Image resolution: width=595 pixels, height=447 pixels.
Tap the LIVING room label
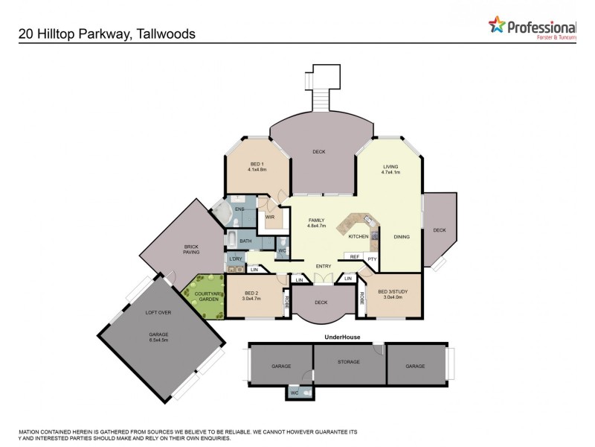click(391, 168)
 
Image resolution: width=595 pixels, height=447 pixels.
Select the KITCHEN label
click(358, 236)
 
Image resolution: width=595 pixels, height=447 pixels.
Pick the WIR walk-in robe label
click(270, 218)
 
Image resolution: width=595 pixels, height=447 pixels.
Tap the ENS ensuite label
click(239, 209)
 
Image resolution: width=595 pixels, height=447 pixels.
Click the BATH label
click(245, 241)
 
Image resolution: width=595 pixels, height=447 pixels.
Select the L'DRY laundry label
click(237, 259)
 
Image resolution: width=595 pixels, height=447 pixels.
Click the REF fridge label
click(355, 257)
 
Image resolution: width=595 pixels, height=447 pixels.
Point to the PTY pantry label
click(372, 259)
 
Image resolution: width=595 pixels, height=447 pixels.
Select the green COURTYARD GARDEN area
click(205, 297)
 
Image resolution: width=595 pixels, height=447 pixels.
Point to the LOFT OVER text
click(158, 312)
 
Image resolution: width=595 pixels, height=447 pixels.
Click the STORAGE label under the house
click(349, 362)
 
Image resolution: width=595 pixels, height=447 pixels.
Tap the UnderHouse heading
click(342, 337)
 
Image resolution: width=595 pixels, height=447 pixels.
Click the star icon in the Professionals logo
click(497, 25)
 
